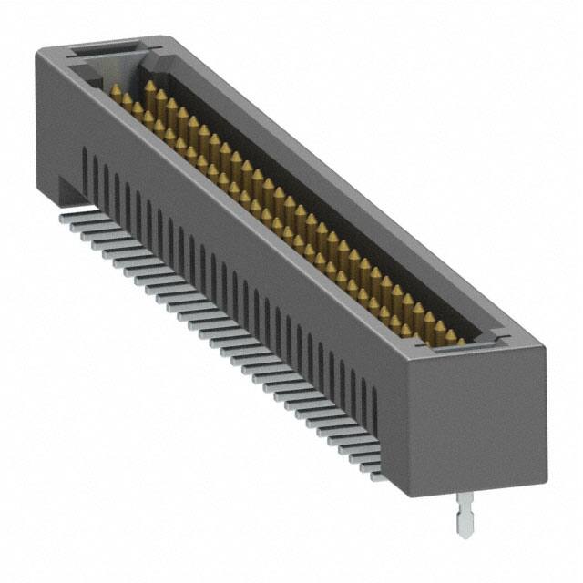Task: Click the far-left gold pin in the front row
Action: [x=116, y=92]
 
